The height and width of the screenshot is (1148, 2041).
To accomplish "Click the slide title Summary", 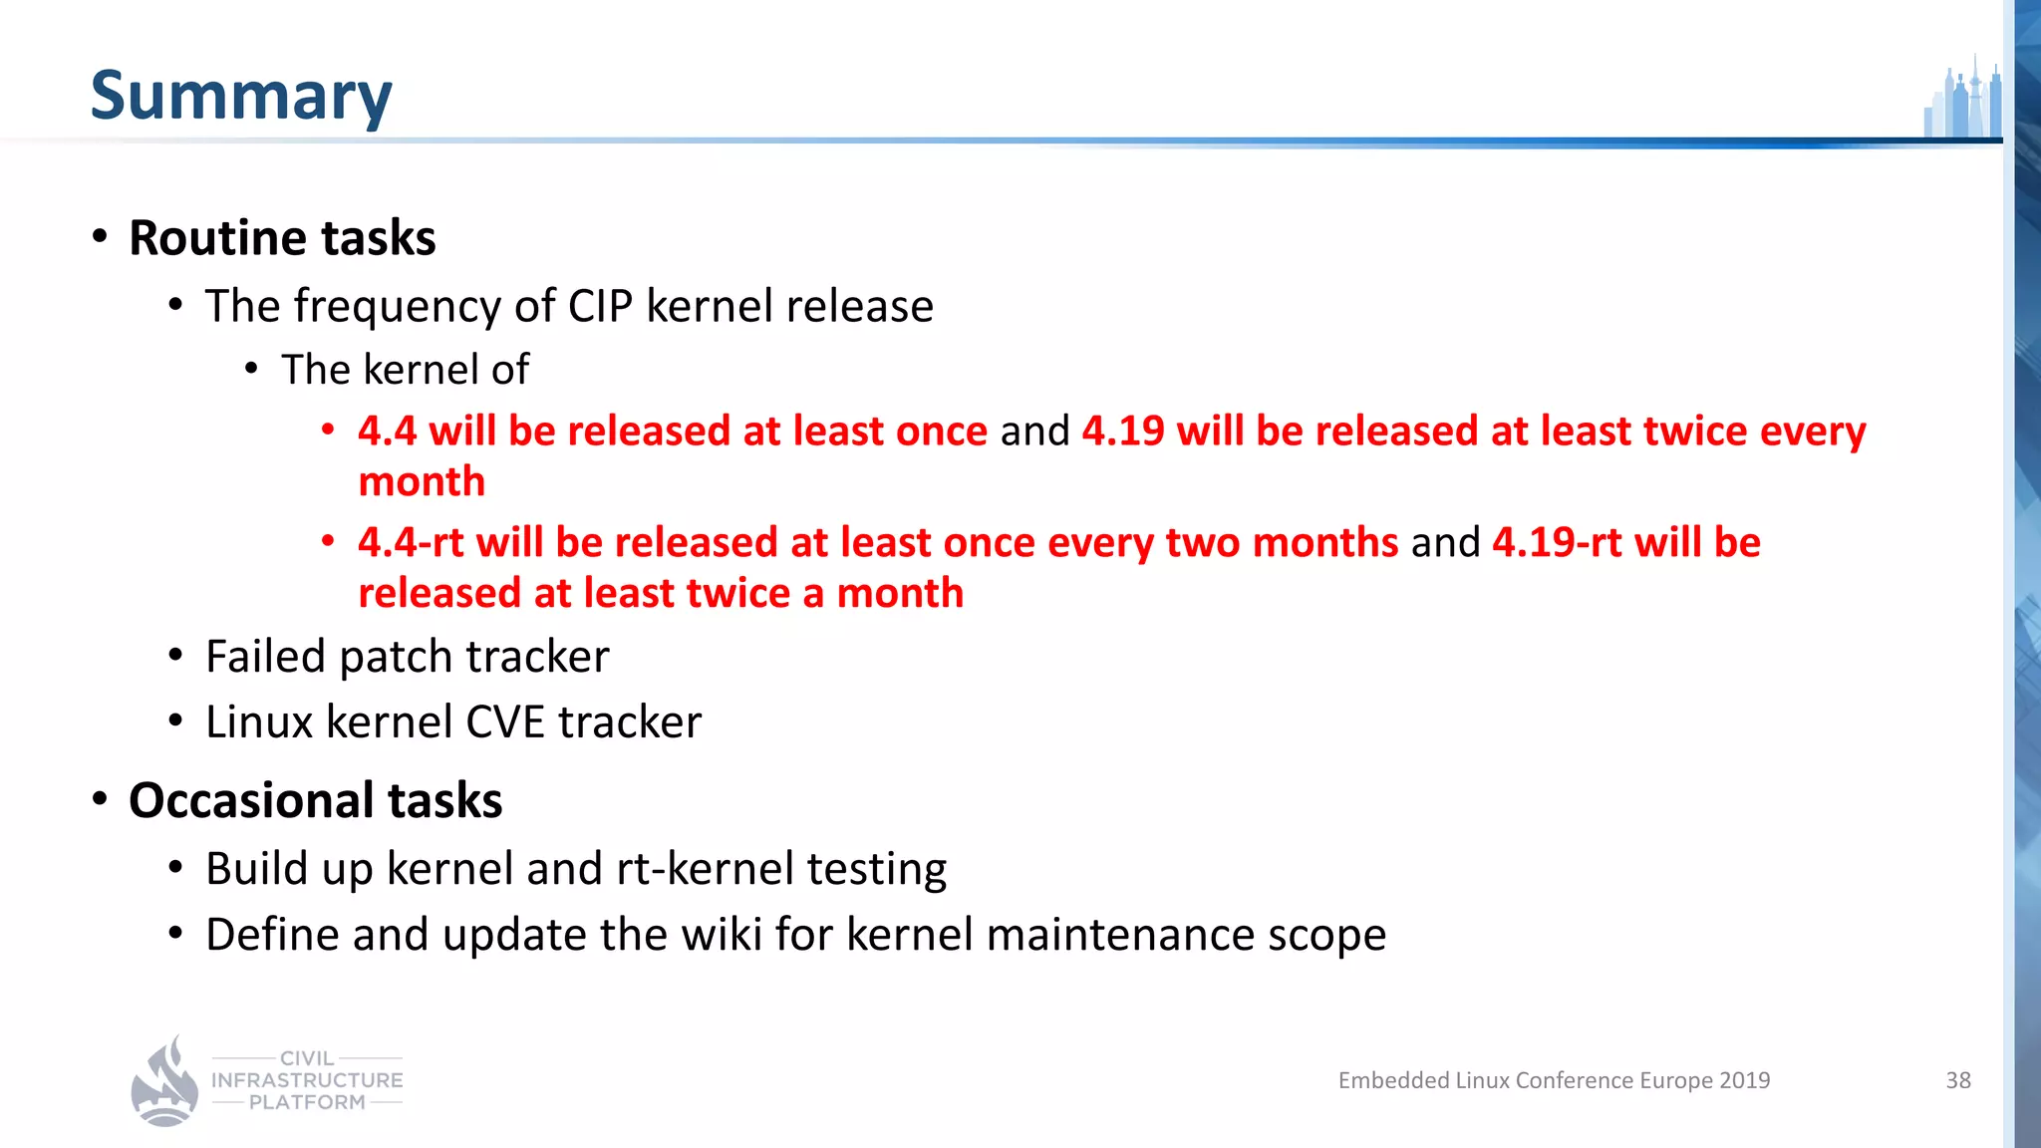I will (x=241, y=96).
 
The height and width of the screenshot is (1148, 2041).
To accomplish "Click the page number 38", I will (x=1958, y=1080).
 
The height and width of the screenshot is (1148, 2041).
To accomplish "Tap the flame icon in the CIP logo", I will (x=165, y=1083).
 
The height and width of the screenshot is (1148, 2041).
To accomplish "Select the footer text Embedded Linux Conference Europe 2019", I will (x=1554, y=1080).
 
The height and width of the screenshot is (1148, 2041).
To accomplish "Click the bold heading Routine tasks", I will (x=282, y=238).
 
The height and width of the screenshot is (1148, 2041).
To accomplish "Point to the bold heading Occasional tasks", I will (x=315, y=800).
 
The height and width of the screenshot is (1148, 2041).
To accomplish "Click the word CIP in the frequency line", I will (x=600, y=306).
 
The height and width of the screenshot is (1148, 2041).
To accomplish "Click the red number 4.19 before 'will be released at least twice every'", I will (x=1122, y=431).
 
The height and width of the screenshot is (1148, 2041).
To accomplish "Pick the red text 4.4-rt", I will (x=411, y=543).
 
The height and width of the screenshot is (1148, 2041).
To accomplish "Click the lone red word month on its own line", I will (x=422, y=482).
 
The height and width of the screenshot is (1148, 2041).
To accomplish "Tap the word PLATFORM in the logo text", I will (x=307, y=1102).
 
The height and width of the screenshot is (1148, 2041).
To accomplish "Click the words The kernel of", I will (x=405, y=370).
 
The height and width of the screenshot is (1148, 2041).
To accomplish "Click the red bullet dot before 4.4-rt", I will (x=328, y=541).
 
